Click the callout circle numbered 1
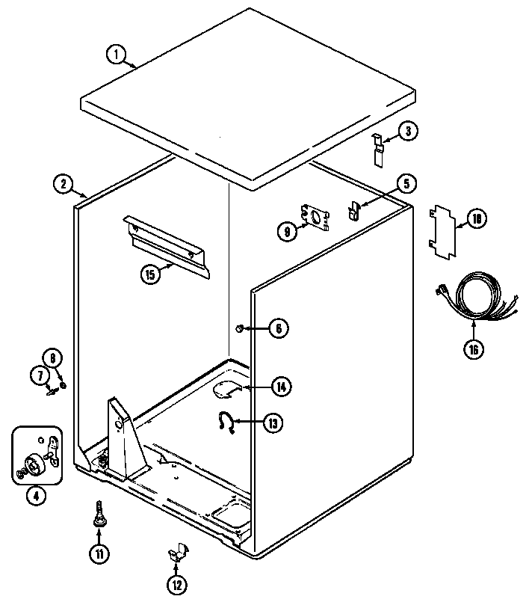pyautogui.click(x=116, y=54)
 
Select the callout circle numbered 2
pyautogui.click(x=63, y=183)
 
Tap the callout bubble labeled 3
pyautogui.click(x=407, y=132)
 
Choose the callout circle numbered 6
pyautogui.click(x=278, y=328)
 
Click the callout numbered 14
pyautogui.click(x=280, y=387)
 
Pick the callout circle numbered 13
pyautogui.click(x=273, y=423)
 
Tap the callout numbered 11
pyautogui.click(x=98, y=554)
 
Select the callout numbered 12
pyautogui.click(x=177, y=586)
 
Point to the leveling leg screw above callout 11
pyautogui.click(x=98, y=516)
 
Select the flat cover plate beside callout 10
pyautogui.click(x=442, y=233)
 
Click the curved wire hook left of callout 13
pyautogui.click(x=225, y=423)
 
